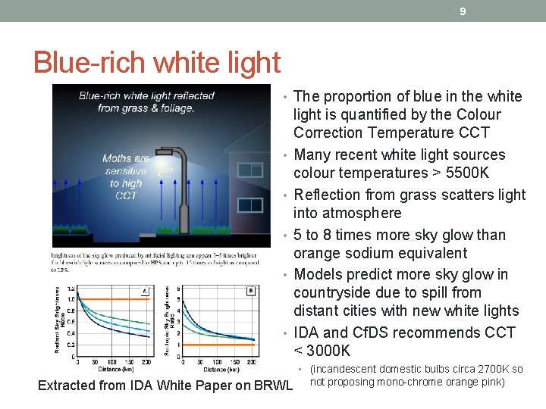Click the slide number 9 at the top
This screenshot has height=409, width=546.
462,11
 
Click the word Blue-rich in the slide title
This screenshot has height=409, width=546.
89,62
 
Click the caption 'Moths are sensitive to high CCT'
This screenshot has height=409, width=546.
126,176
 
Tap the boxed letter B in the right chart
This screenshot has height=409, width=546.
249,290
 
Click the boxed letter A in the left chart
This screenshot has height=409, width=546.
144,290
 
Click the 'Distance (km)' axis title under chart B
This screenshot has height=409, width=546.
219,369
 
